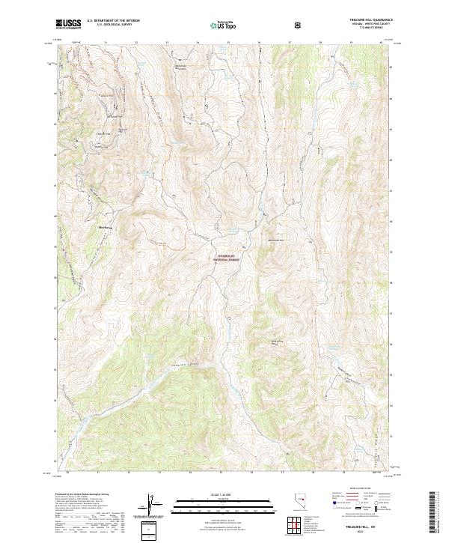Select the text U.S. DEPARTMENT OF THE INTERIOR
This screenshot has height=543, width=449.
pyautogui.click(x=112, y=22)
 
